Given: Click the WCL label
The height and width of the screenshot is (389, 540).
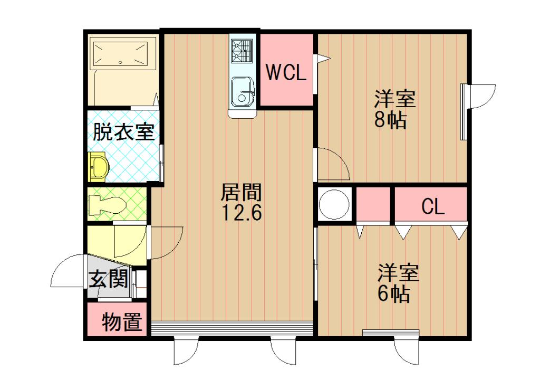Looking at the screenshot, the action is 286,72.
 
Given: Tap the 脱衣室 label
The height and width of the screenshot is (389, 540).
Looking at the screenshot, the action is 123,132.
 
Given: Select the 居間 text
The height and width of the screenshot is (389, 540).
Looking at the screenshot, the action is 241,192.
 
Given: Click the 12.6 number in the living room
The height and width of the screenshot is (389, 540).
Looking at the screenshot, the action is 242,212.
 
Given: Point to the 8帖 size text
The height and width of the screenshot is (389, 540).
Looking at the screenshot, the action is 391,120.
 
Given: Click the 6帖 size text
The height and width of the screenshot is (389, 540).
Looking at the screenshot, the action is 394,294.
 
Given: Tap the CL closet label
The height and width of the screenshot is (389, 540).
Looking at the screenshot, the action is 433,207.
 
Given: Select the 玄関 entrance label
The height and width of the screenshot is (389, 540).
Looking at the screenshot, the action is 108,279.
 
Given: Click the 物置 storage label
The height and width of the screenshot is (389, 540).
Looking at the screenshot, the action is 122,321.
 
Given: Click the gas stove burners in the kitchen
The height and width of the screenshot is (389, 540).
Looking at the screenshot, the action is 242,51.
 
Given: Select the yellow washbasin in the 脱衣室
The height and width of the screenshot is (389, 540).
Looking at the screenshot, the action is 99,167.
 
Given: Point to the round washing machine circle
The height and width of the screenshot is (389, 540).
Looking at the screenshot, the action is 334,205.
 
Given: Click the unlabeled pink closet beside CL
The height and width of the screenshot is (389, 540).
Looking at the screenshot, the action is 373,205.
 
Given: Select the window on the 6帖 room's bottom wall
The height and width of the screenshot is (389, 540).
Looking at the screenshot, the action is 391,333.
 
